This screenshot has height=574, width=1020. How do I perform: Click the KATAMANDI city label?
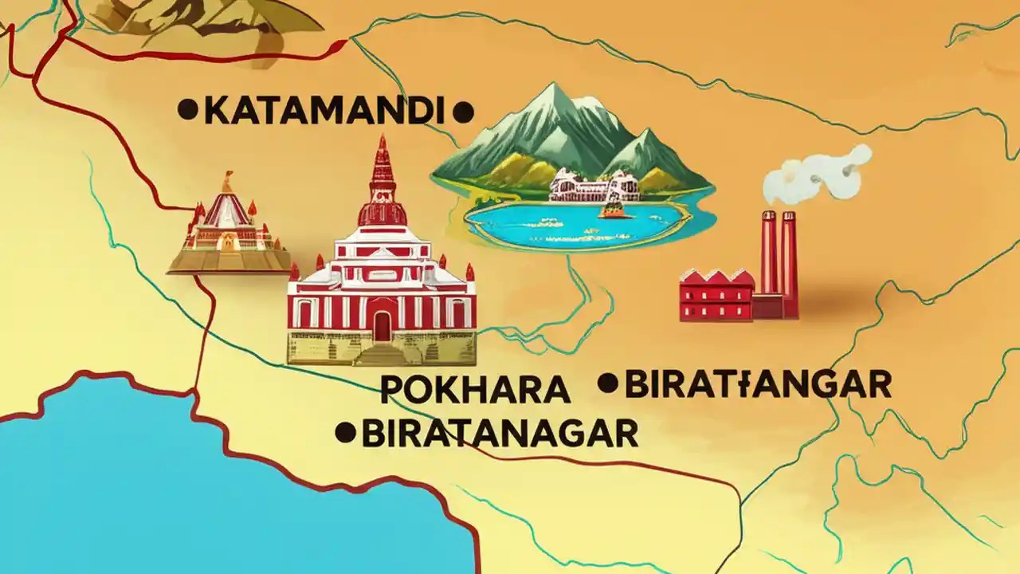[322, 111]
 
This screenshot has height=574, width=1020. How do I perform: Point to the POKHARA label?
[475, 389]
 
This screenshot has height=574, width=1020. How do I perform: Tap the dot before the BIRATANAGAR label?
[345, 433]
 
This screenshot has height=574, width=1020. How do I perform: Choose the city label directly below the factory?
[758, 384]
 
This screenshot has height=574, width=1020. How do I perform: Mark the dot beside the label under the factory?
[608, 383]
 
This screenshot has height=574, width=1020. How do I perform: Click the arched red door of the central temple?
[382, 324]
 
